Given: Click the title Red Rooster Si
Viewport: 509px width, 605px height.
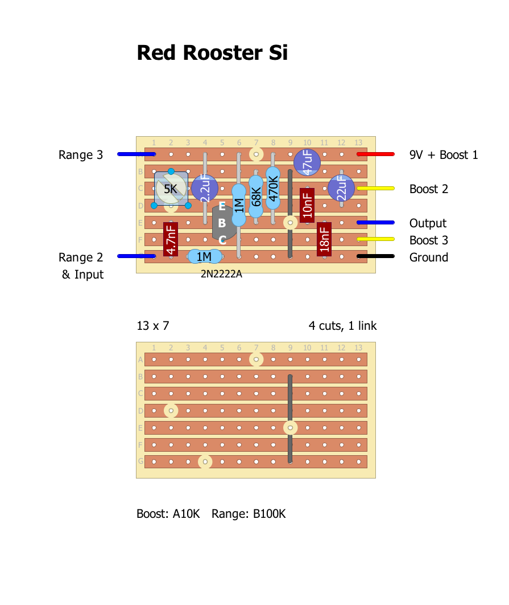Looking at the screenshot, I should click(x=212, y=53).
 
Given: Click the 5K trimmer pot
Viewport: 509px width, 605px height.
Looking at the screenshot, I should click(x=171, y=189).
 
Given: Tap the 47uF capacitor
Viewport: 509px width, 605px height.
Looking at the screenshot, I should click(x=307, y=162).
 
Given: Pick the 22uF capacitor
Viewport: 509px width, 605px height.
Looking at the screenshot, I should click(x=341, y=188).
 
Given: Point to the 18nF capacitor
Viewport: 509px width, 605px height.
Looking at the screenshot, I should click(x=324, y=239).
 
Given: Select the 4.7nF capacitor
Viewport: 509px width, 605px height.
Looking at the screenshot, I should click(x=171, y=239).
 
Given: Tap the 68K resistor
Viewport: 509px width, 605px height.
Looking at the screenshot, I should click(x=256, y=197).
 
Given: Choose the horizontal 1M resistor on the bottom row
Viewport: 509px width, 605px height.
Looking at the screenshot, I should click(x=205, y=257).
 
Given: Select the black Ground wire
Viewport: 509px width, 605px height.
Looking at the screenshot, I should click(x=376, y=257).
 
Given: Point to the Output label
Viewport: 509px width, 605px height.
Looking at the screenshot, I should click(x=428, y=223).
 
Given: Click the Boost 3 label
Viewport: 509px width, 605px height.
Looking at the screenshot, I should click(x=429, y=240).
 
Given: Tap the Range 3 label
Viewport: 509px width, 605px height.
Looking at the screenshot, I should click(x=81, y=155).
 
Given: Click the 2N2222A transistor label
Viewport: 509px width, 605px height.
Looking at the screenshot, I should click(x=221, y=274).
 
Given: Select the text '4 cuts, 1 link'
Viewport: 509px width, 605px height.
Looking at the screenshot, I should click(x=342, y=326).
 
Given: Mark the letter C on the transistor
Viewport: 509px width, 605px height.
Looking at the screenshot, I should click(x=222, y=240).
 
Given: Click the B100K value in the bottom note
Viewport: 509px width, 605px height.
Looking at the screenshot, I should click(x=269, y=514).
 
